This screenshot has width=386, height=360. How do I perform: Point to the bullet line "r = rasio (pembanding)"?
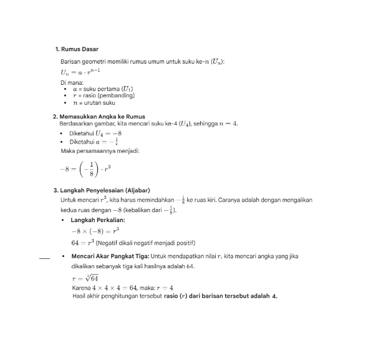click(103, 95)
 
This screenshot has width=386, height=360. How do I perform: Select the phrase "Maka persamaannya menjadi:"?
click(100, 151)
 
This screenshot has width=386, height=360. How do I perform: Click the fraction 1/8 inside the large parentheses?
click(91, 168)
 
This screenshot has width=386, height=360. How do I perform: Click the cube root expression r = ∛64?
click(85, 278)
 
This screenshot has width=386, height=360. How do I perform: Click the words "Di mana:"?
click(72, 82)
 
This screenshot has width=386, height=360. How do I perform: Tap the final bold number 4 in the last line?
click(274, 296)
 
